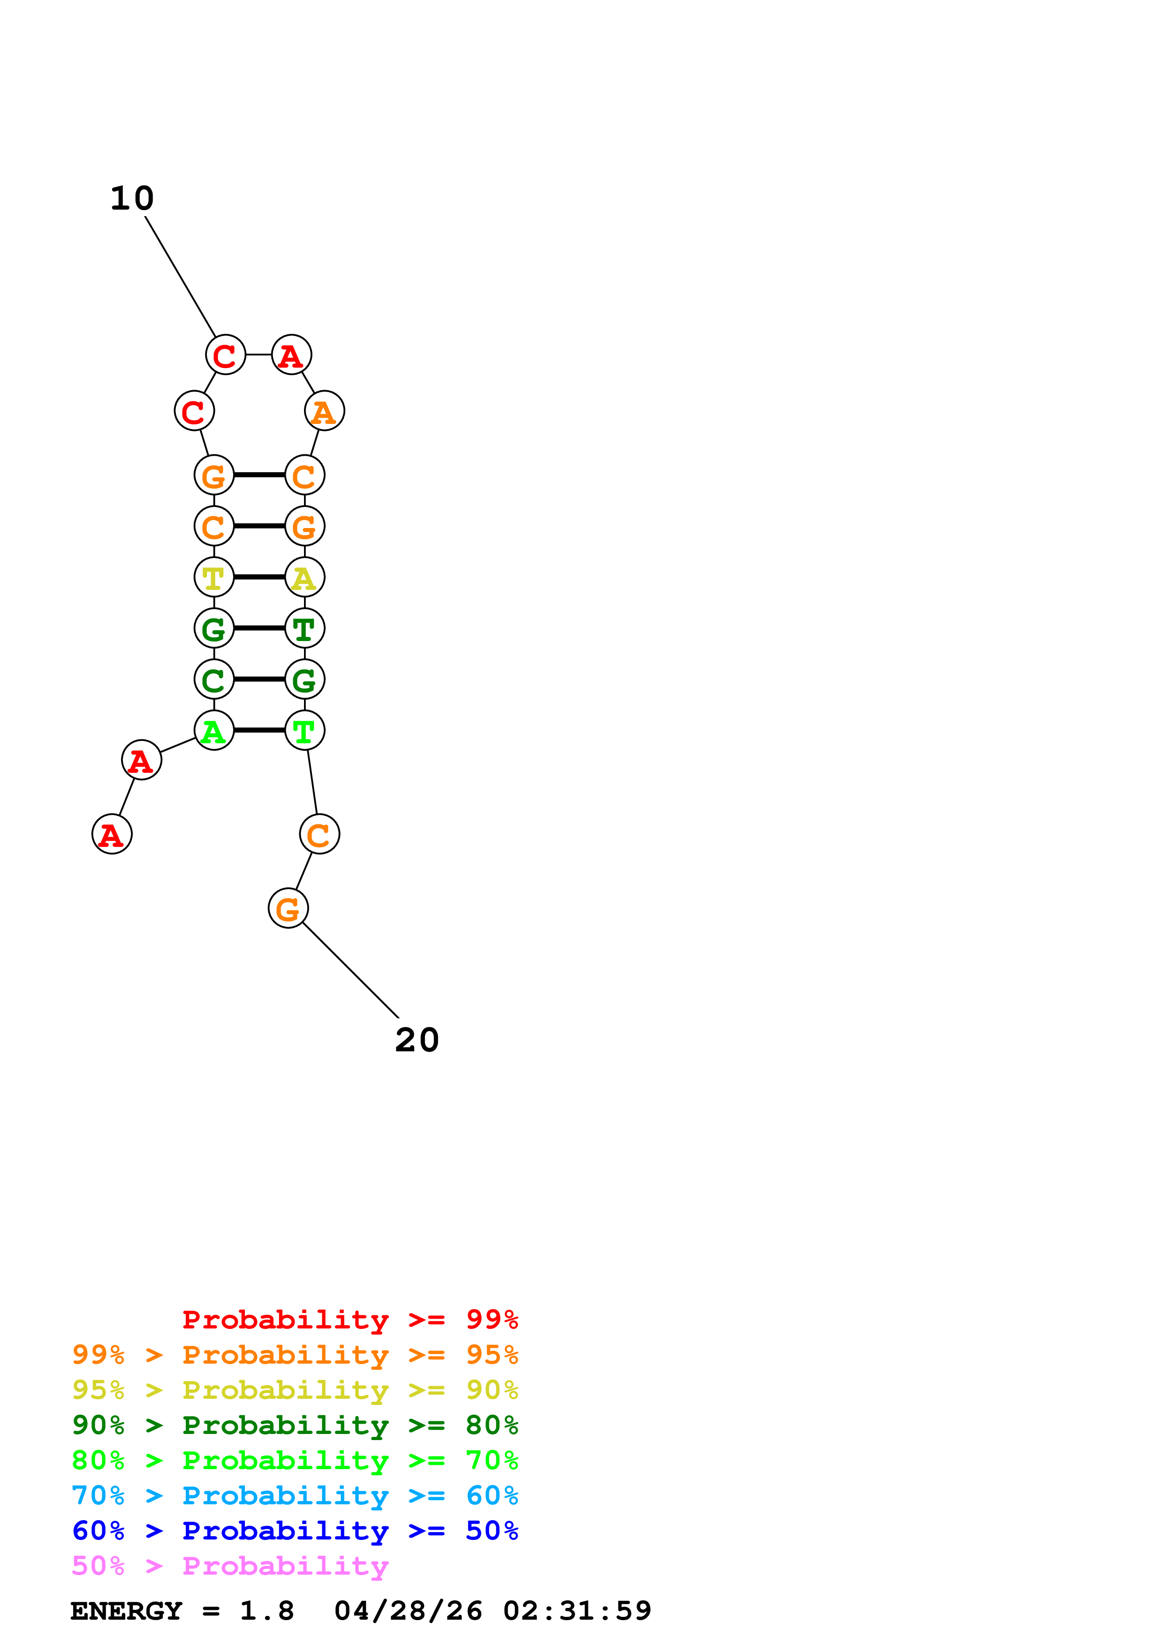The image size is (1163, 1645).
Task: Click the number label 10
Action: (132, 198)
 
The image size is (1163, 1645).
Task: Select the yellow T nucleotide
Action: (213, 577)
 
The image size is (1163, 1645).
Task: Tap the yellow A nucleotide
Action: (304, 577)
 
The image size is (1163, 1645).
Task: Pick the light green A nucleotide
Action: (213, 730)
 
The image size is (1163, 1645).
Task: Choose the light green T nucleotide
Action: (304, 730)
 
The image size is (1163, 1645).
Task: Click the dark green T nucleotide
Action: (304, 628)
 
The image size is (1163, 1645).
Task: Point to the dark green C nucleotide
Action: (213, 679)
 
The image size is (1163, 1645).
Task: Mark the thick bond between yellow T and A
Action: (259, 577)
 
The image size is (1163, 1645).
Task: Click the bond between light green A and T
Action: (259, 730)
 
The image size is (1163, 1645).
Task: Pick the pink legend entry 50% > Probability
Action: (230, 1566)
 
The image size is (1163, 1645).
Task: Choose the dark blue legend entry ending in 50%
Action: (295, 1531)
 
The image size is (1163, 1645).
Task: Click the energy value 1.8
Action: (266, 1611)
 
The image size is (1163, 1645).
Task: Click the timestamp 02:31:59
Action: (577, 1611)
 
